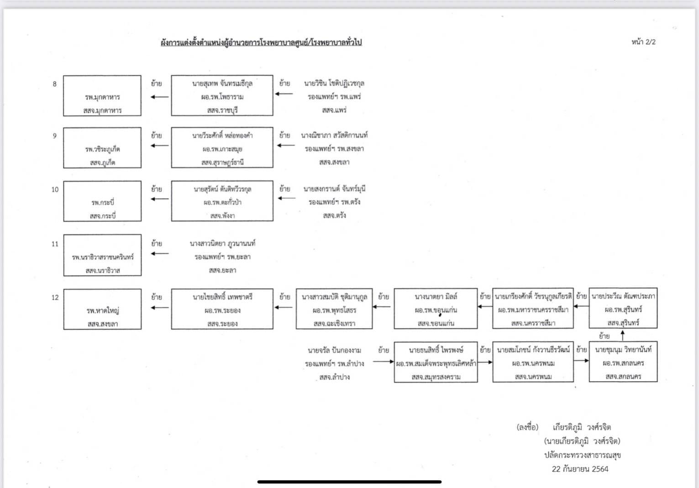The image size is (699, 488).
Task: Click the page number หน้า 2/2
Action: tap(643, 42)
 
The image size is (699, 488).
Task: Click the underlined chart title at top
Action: tap(261, 42)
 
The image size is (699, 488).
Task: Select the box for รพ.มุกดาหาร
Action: tap(102, 96)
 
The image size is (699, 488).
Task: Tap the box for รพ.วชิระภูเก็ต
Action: tap(102, 148)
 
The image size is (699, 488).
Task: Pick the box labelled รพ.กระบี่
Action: tap(102, 201)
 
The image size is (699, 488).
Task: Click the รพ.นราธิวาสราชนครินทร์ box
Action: tap(102, 255)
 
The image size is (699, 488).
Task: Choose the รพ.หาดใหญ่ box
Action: tap(102, 309)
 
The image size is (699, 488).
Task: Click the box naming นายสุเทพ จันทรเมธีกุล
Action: tap(222, 95)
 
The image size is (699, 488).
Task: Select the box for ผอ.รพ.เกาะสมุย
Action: tap(222, 148)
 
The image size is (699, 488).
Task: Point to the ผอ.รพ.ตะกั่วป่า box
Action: tap(222, 201)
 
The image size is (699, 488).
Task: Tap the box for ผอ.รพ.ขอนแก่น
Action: tap(436, 309)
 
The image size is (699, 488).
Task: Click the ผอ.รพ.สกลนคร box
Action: tap(623, 362)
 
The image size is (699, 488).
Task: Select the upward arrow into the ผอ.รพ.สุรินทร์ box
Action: tap(623, 335)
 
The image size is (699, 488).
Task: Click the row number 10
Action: tap(55, 189)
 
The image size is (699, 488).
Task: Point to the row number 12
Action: tap(55, 298)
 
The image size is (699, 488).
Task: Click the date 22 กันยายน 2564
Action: tap(580, 469)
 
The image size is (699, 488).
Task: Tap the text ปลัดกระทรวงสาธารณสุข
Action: tap(582, 455)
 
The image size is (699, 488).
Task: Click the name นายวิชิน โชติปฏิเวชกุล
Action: tap(334, 84)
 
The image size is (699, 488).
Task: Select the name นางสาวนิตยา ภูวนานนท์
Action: tap(222, 244)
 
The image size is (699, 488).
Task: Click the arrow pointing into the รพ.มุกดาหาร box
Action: tap(159, 97)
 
